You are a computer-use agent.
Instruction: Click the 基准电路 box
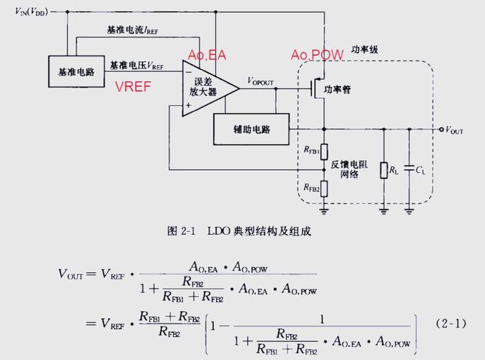pyautogui.click(x=76, y=73)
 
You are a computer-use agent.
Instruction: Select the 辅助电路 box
pyautogui.click(x=251, y=129)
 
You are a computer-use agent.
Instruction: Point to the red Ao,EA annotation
pyautogui.click(x=207, y=55)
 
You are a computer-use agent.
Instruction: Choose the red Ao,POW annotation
pyautogui.click(x=316, y=55)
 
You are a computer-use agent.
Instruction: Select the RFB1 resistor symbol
pyautogui.click(x=324, y=150)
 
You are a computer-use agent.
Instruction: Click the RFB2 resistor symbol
pyautogui.click(x=324, y=188)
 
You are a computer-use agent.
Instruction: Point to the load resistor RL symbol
pyautogui.click(x=383, y=170)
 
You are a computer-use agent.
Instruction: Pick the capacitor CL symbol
pyautogui.click(x=409, y=170)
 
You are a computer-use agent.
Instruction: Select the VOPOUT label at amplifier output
pyautogui.click(x=260, y=81)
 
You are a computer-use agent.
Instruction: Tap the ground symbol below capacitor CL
pyautogui.click(x=409, y=210)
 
